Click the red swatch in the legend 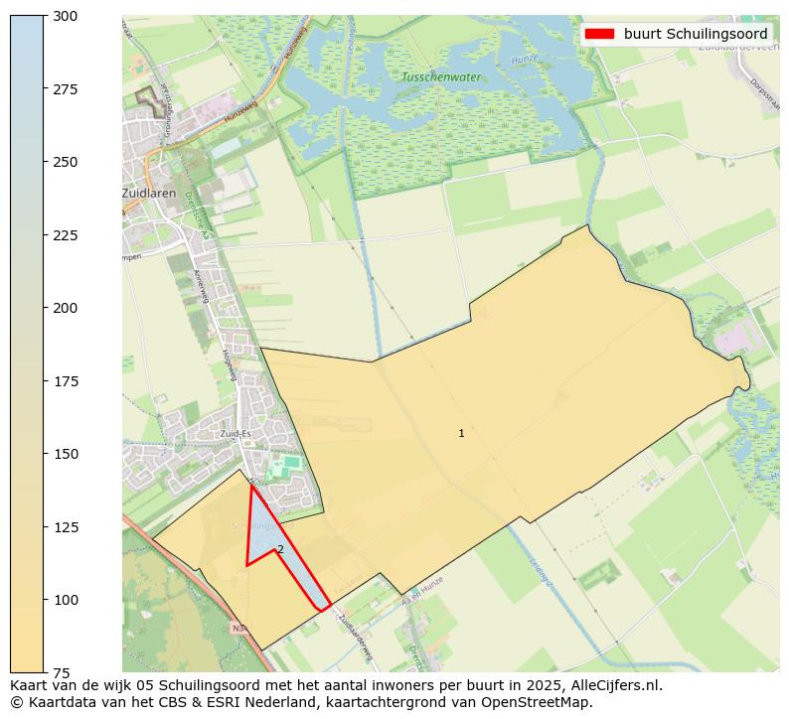click(599, 34)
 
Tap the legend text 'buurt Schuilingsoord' click(696, 34)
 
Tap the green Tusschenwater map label click(440, 76)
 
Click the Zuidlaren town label click(150, 194)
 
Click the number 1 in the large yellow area click(461, 433)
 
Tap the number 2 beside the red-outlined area click(280, 549)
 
